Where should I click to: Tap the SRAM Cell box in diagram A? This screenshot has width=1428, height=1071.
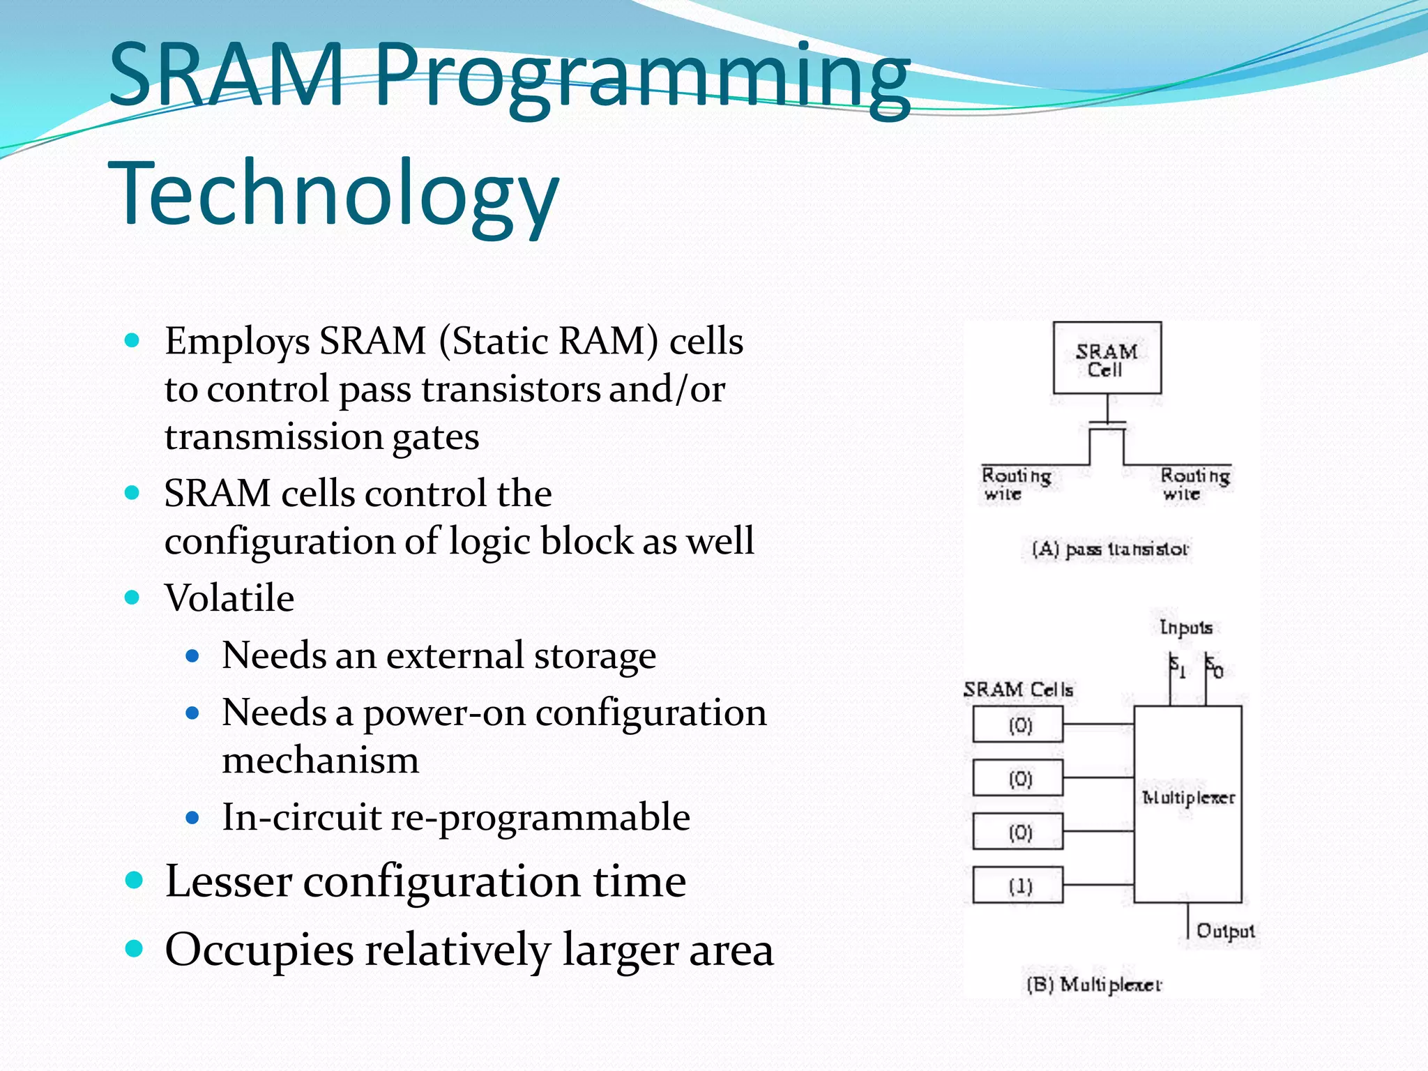[x=1107, y=358]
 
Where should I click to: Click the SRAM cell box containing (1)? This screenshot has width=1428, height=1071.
[x=1018, y=886]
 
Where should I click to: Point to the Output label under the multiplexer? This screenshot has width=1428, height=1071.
[x=1225, y=931]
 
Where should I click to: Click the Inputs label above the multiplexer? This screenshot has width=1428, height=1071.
[x=1185, y=628]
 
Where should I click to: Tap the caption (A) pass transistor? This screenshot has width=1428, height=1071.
[x=1109, y=549]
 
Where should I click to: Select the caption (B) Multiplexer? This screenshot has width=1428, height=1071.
[x=1093, y=985]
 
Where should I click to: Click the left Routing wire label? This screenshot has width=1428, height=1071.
[x=1015, y=484]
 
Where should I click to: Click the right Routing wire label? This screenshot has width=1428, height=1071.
[x=1194, y=484]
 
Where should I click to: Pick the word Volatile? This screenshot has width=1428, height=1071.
[x=229, y=598]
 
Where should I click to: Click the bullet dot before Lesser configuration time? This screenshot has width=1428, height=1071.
[x=134, y=880]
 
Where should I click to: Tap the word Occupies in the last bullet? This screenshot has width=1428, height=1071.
[x=259, y=950]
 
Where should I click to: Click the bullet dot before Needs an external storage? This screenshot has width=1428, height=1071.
[x=193, y=656]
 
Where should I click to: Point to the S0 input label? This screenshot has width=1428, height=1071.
[x=1213, y=667]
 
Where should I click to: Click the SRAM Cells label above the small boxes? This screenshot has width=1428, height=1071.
[x=1018, y=690]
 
